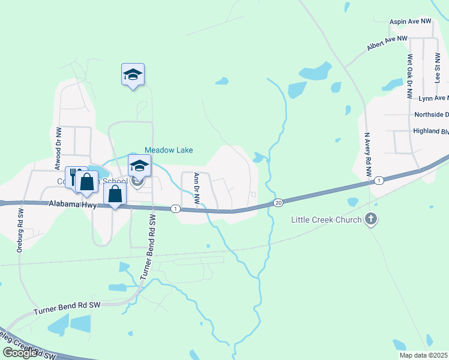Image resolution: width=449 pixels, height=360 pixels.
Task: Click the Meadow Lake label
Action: pos(169,150)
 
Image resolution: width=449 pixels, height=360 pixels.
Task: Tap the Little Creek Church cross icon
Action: pos(371,219)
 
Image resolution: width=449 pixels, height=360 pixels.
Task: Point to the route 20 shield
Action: pos(279,203)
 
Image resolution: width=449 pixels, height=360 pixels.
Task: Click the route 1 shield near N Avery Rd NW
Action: pos(379,181)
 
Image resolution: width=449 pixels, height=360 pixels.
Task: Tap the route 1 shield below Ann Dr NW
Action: pos(175,209)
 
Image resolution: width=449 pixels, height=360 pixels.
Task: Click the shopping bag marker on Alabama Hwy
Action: pos(115,194)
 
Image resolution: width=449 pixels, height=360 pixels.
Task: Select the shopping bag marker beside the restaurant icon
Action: pos(87,182)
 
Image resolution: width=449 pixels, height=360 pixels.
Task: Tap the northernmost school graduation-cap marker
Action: pos(133,74)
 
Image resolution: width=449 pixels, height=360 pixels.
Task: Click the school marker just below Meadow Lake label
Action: pos(139,166)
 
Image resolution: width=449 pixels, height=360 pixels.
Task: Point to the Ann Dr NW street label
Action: pos(196,187)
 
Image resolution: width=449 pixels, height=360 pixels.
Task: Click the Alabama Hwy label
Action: pos(73,205)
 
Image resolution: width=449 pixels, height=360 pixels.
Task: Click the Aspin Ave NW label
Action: pos(411,21)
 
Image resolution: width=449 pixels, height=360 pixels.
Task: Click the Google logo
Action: pos(19,352)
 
